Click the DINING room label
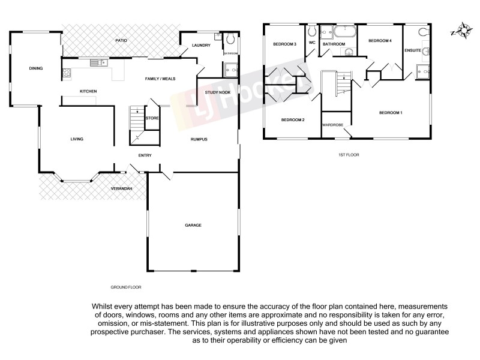[x=36, y=68]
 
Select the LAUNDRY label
[x=200, y=46]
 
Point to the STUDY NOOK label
[x=217, y=92]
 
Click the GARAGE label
[x=193, y=226]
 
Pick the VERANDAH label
[x=121, y=189]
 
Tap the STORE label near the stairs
[x=152, y=118]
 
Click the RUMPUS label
[x=199, y=139]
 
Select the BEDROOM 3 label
[x=285, y=44]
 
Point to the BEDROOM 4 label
[x=380, y=41]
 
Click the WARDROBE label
[x=331, y=125]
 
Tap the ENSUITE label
[x=413, y=50]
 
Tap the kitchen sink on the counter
[x=98, y=62]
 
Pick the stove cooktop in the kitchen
[x=67, y=74]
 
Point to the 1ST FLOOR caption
[x=348, y=155]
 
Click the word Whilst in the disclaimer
[x=103, y=306]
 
